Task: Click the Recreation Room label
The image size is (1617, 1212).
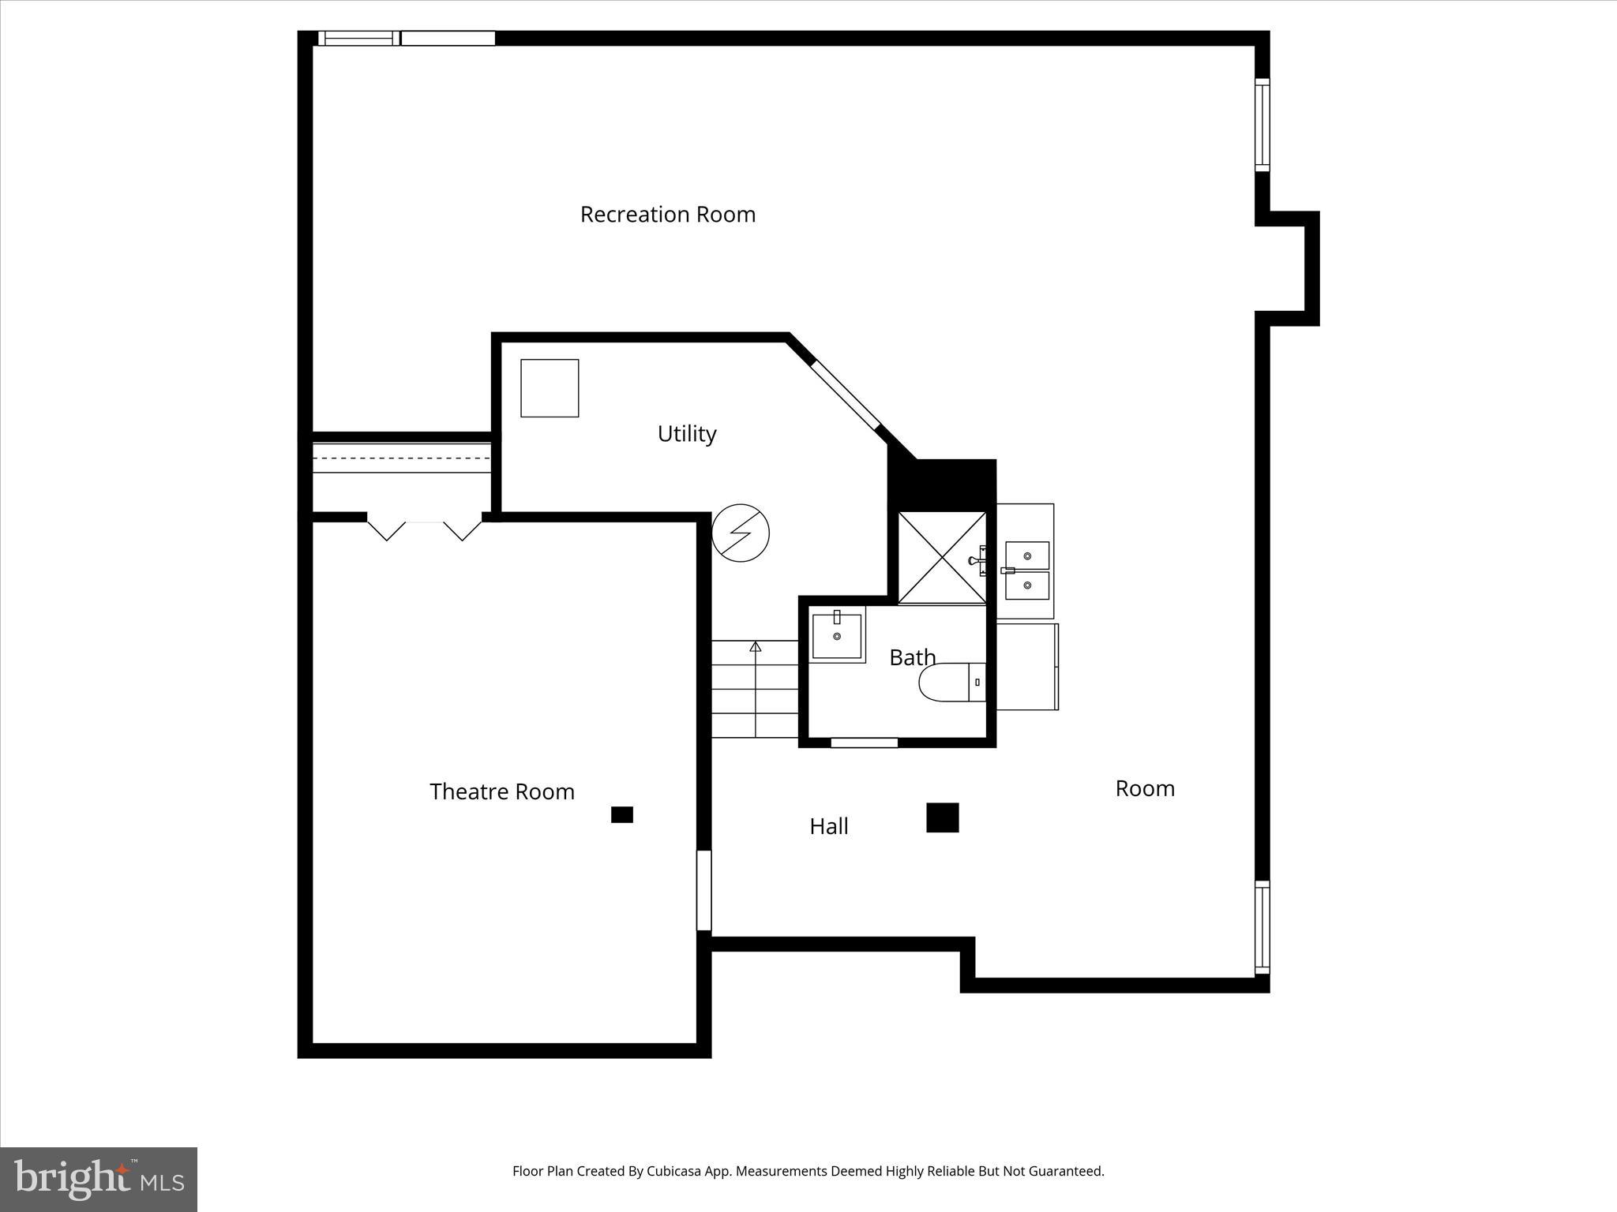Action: click(x=668, y=215)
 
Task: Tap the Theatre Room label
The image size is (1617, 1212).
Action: click(x=502, y=791)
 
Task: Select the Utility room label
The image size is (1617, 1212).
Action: click(x=687, y=433)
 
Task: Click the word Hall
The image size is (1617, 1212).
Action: click(x=829, y=826)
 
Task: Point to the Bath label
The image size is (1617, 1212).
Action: click(x=913, y=657)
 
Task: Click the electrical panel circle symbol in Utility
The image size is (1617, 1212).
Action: click(x=741, y=533)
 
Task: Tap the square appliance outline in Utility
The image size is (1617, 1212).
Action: click(x=550, y=388)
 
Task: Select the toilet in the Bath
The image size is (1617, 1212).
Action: click(x=951, y=682)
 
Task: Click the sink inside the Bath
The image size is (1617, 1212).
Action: click(x=837, y=634)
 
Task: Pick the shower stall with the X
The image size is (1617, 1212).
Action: click(x=942, y=558)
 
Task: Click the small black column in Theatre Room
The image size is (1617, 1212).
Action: click(x=622, y=814)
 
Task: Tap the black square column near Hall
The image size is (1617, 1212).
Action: click(x=942, y=817)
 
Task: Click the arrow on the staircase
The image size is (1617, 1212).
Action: click(x=756, y=648)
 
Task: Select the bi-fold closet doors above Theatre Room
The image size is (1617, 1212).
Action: click(x=425, y=527)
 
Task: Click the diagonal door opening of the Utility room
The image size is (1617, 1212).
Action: click(x=846, y=395)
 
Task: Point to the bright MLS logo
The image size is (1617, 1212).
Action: click(x=99, y=1179)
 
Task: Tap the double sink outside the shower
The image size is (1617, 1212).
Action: click(x=1026, y=570)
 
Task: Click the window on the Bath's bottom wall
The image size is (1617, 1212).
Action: click(x=865, y=743)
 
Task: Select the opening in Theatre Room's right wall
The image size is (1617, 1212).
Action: click(x=703, y=890)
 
